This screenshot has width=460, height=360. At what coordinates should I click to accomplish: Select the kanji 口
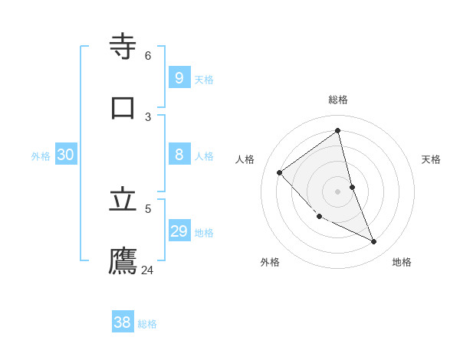[x=123, y=106]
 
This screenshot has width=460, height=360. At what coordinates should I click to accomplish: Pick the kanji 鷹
[x=123, y=260]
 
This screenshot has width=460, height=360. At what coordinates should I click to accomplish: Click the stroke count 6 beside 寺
[x=148, y=55]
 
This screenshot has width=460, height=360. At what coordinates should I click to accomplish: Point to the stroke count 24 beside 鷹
[x=147, y=270]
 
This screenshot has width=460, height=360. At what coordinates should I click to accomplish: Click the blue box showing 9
[x=179, y=77]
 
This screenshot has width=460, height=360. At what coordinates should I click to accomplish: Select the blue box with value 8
[x=179, y=155]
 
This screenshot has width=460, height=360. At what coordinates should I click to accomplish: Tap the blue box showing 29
[x=179, y=231]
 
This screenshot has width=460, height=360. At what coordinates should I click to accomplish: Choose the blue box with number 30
[x=65, y=155]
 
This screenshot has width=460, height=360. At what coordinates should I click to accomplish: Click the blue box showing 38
[x=122, y=322]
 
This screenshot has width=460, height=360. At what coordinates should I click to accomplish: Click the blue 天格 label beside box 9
[x=204, y=80]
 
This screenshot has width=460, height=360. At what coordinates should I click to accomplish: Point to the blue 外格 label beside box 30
[x=41, y=156]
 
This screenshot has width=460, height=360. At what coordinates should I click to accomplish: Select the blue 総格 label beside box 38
[x=147, y=325]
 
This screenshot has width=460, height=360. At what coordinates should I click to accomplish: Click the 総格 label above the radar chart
[x=338, y=100]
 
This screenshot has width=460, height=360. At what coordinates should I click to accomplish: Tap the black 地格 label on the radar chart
[x=402, y=262]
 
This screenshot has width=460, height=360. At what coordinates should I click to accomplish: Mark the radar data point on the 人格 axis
[x=280, y=172]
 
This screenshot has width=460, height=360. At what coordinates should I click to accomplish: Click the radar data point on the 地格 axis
[x=374, y=242]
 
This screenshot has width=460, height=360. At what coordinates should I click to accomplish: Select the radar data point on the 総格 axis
[x=338, y=130]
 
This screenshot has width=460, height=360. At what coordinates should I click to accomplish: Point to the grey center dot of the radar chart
[x=338, y=191]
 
